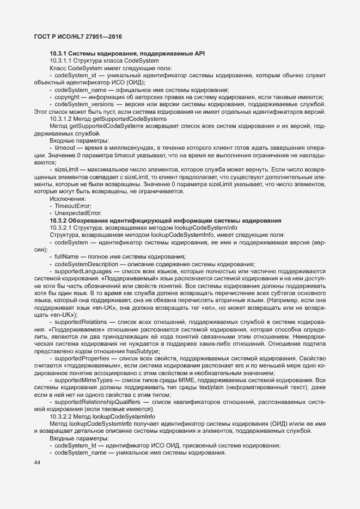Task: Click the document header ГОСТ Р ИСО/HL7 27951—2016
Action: pos(74,36)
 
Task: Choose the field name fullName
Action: pos(66,256)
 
